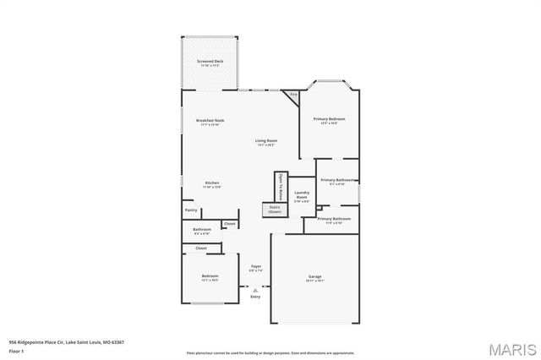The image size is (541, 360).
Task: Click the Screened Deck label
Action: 210,63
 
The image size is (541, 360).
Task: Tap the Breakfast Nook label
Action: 210,122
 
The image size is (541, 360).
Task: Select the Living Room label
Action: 267,142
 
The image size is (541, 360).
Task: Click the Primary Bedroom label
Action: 329,121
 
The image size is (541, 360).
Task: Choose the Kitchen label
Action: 213,184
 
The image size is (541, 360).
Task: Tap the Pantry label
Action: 191,210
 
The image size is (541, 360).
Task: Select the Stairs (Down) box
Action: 274,210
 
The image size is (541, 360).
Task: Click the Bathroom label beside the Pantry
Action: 201,231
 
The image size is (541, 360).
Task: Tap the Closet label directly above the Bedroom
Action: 201,248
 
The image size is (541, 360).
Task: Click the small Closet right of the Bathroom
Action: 229,224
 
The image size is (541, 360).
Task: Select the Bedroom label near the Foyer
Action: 210,277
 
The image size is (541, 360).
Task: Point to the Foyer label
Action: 255,268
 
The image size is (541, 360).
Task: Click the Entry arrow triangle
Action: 255,289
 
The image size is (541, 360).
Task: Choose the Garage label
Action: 314,277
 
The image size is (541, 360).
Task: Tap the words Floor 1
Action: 17,351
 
